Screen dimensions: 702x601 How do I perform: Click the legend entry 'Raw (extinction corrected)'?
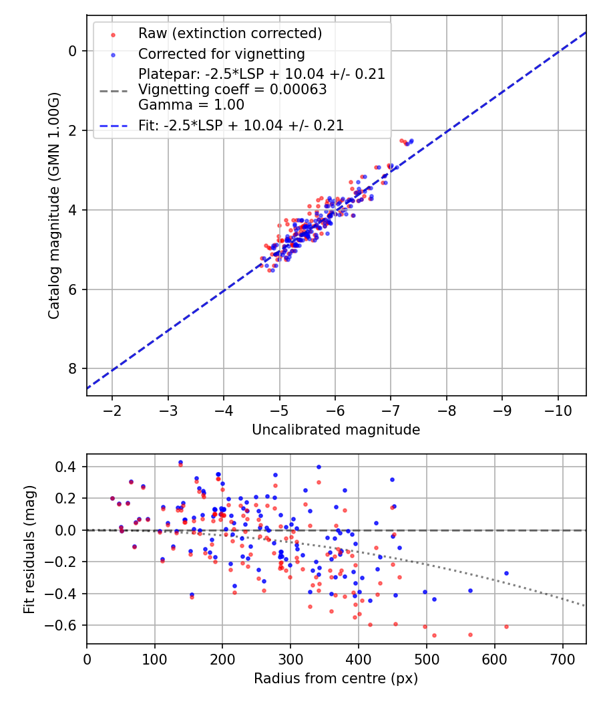(x=230, y=33)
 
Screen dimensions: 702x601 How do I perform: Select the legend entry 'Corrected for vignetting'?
(x=221, y=53)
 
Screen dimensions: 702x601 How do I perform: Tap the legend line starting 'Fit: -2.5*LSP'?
(x=241, y=125)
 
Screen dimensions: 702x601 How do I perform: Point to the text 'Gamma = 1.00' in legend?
(x=191, y=105)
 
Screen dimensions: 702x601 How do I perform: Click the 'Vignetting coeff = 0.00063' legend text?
(x=232, y=90)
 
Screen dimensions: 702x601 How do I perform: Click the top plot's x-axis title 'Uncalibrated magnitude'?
(x=336, y=430)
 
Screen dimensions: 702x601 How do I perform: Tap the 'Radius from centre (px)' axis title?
(x=336, y=679)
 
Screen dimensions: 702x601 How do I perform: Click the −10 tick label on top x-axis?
(x=558, y=409)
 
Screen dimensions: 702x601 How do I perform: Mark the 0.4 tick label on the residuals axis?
(x=67, y=467)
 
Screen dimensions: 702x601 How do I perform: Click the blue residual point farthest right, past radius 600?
(x=506, y=573)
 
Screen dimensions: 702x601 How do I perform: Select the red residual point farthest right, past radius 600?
(x=506, y=626)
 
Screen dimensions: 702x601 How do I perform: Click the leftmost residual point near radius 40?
(x=112, y=498)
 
